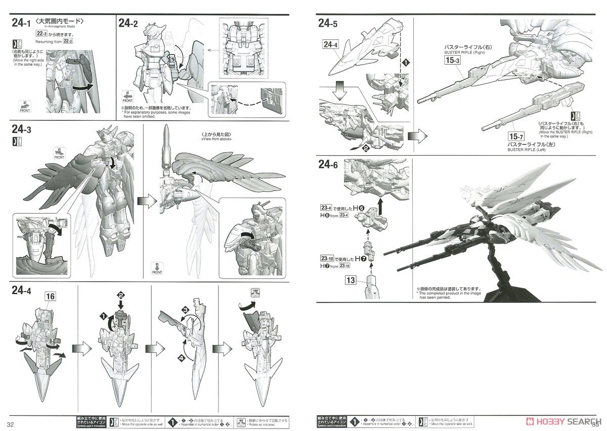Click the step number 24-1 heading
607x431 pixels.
(x=22, y=23)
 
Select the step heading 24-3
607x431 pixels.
(x=22, y=130)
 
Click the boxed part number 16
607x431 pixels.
(x=50, y=296)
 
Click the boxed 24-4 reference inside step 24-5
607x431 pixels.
(x=329, y=45)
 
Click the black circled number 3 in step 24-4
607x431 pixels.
(x=186, y=309)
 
